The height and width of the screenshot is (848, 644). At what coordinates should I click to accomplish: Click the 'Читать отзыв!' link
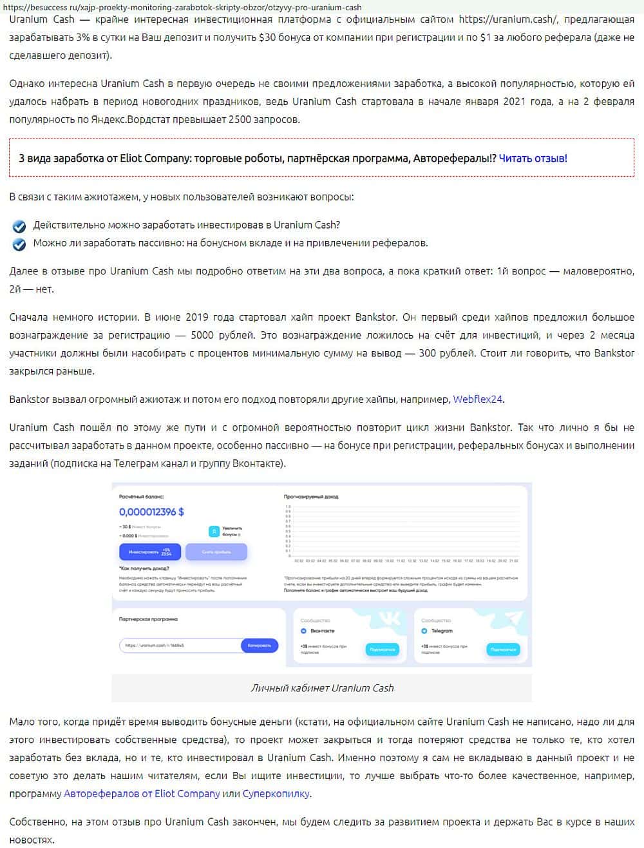point(533,158)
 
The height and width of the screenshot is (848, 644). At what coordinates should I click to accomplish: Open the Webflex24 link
point(477,399)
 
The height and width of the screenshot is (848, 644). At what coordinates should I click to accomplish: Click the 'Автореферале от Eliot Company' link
point(142,793)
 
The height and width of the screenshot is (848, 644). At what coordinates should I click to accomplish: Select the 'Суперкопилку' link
point(276,793)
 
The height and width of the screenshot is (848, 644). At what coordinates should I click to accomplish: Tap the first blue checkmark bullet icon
point(19,226)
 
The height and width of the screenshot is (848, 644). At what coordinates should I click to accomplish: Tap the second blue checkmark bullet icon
point(19,244)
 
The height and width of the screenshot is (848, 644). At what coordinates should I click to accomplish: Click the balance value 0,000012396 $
point(151,512)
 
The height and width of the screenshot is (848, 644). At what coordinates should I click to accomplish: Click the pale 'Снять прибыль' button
point(216,552)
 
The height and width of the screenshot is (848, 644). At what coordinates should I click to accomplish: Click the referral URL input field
point(180,645)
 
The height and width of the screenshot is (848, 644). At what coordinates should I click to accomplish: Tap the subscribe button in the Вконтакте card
point(383,650)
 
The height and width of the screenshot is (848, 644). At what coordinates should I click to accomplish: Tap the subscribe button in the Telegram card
point(503,650)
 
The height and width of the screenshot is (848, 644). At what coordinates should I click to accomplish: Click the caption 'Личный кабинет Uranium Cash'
point(322,688)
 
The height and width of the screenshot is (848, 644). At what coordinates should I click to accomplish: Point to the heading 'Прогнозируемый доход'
point(311,497)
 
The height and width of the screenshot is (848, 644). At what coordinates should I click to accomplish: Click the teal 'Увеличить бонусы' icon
point(214,532)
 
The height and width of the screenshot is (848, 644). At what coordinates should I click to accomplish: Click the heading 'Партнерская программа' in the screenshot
point(148,619)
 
